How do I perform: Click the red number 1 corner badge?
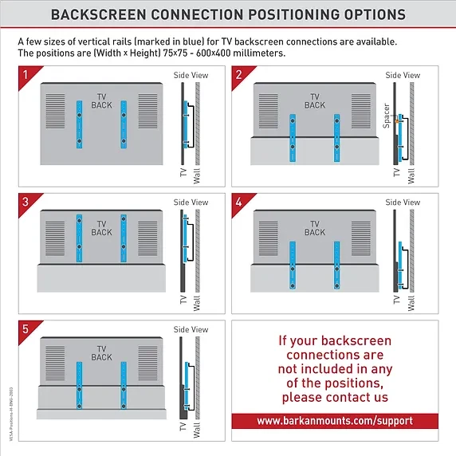[x=26, y=73]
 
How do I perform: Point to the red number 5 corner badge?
[x=26, y=327]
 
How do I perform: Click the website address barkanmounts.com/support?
[x=335, y=420]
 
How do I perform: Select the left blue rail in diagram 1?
[x=79, y=124]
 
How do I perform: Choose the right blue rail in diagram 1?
[x=124, y=124]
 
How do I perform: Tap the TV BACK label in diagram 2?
[x=315, y=101]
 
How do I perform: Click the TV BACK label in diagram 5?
[x=101, y=353]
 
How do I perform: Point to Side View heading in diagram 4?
[x=403, y=202]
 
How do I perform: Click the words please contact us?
[x=335, y=397]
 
